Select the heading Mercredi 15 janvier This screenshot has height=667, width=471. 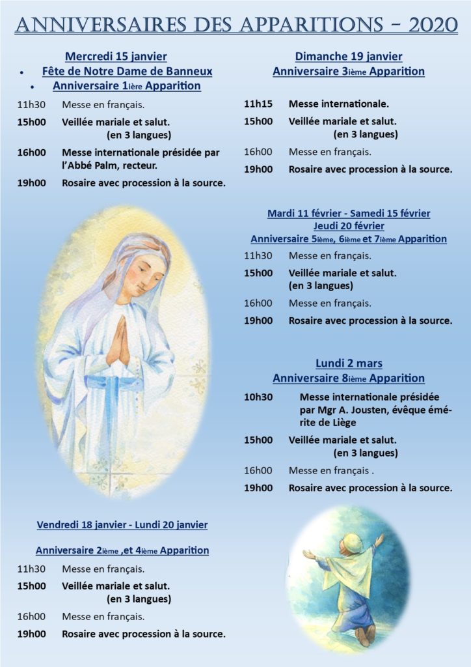(116, 57)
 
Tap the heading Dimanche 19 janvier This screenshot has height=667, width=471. (348, 57)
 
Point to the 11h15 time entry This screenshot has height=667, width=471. (258, 104)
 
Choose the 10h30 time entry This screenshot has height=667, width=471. (258, 397)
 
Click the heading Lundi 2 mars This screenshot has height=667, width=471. (349, 363)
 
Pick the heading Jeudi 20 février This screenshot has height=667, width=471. (348, 226)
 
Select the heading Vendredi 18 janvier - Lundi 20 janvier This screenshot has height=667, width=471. (122, 524)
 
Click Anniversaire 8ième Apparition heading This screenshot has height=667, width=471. (348, 378)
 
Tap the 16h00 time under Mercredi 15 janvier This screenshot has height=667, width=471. (31, 152)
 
